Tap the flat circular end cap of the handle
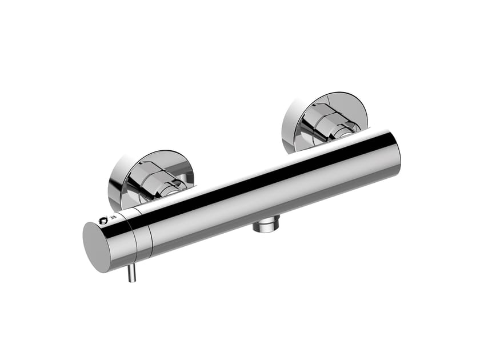coord(101,247)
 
